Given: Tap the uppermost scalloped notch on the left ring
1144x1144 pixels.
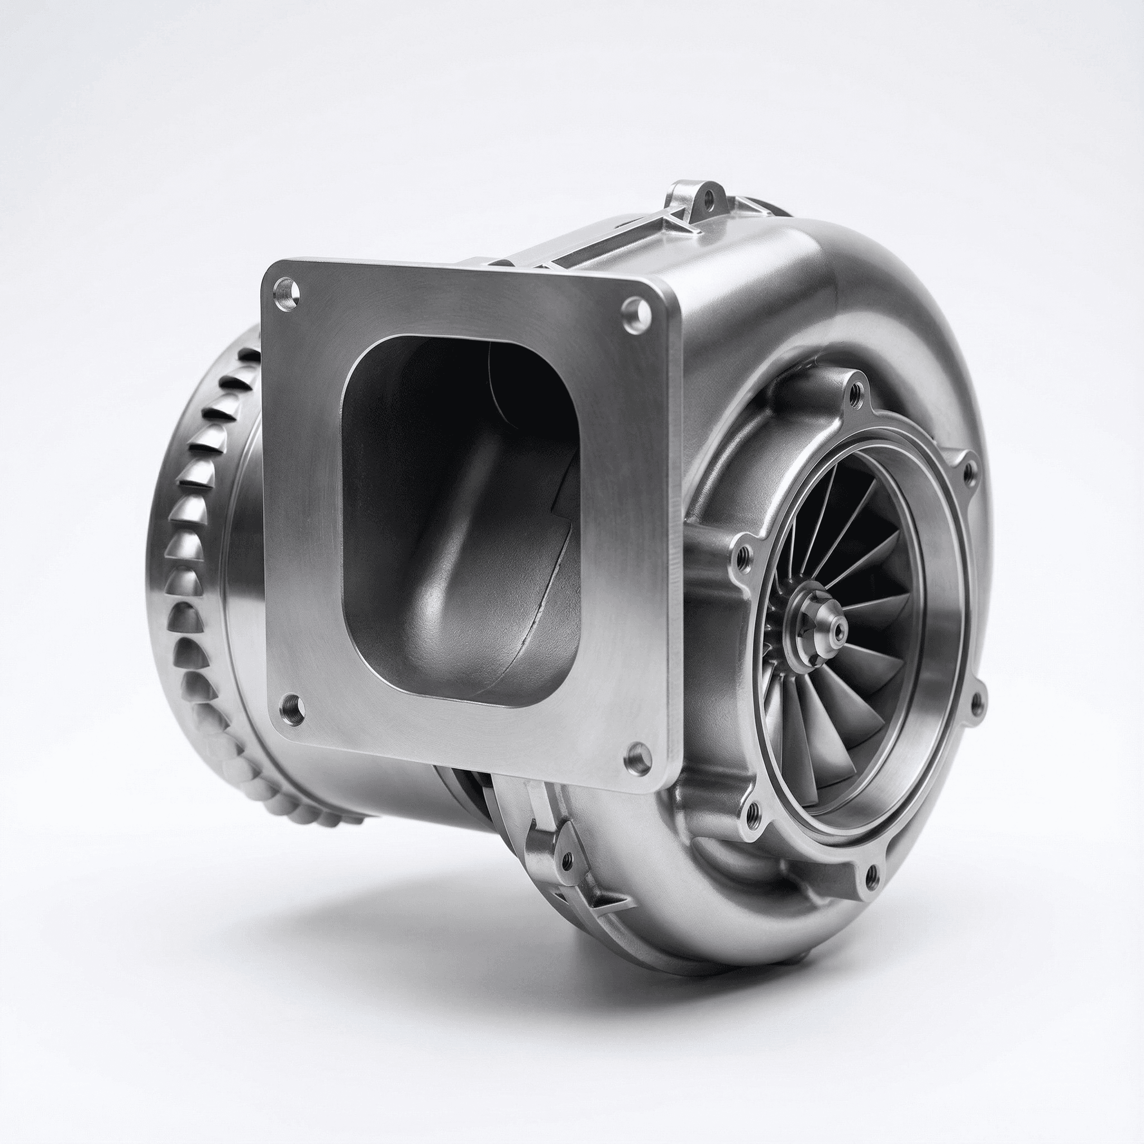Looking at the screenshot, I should point(247,355).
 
